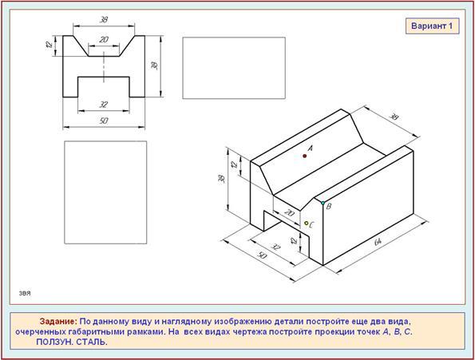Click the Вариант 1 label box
point(432,26)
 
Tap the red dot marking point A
point(305,156)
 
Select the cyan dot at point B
point(323,203)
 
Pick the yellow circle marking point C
point(307,224)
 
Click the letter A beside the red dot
point(311,148)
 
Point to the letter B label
point(329,207)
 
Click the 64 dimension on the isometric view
point(378,242)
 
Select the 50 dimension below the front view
point(104,121)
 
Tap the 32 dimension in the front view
point(104,105)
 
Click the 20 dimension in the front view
point(104,40)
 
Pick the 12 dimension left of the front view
point(49,45)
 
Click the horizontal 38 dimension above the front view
point(104,20)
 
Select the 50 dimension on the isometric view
point(263,256)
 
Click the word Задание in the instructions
point(59,321)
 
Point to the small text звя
point(25,294)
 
